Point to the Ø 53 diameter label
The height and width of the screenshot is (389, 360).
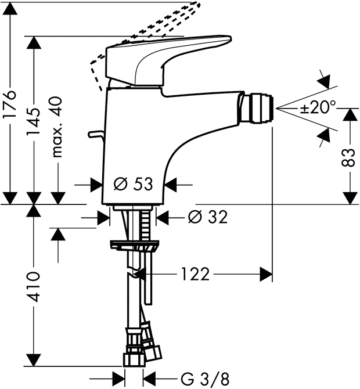[x=133, y=185]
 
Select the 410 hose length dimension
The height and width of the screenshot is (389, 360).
[x=35, y=286]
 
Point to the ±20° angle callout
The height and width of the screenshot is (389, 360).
[x=317, y=108]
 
